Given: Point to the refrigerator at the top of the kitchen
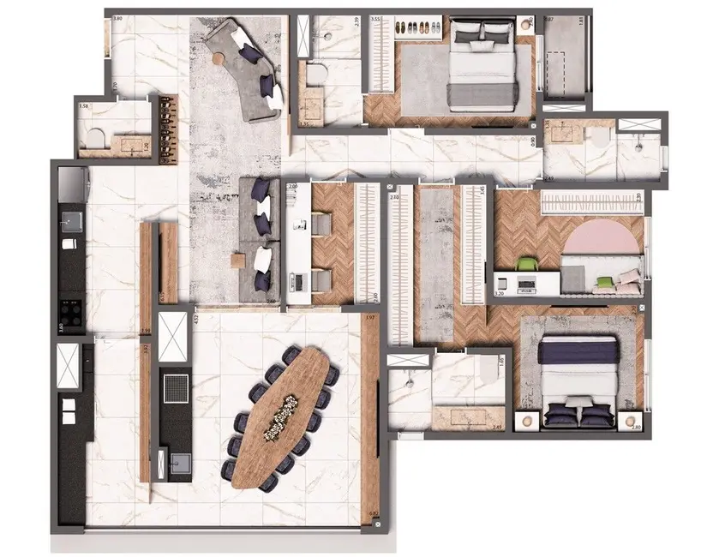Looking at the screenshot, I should (x=71, y=183).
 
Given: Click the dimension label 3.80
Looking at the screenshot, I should (x=117, y=18).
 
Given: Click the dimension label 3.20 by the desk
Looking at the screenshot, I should (x=500, y=294).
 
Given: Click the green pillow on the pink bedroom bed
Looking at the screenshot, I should (x=606, y=280).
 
